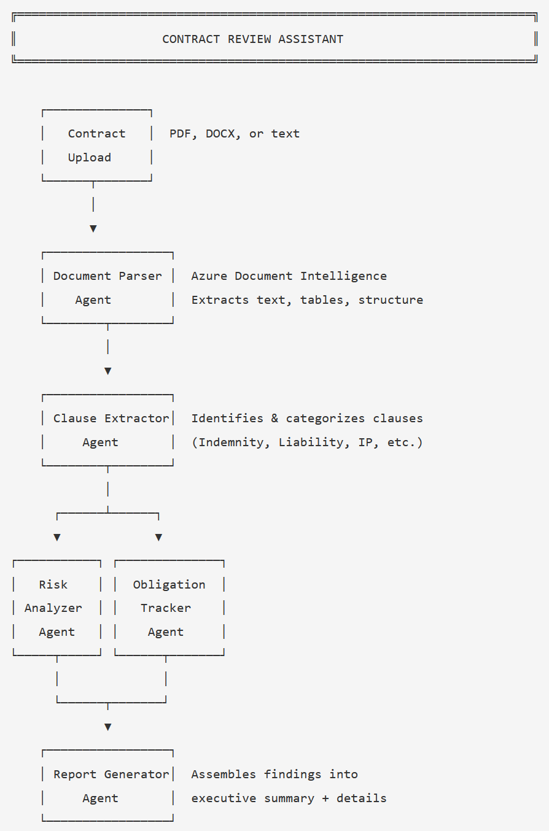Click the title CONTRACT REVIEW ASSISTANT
[252, 39]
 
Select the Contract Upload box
[96, 145]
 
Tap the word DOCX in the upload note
[220, 134]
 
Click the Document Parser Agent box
[107, 288]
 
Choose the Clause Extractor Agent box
[107, 430]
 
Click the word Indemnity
[231, 443]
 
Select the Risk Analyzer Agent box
[56, 608]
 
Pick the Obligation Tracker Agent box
[169, 608]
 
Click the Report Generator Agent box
[107, 786]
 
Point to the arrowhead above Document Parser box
[93, 229]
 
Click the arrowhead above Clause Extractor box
[108, 371]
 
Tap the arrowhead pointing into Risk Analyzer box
[57, 538]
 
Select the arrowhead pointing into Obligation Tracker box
[158, 538]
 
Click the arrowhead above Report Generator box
[108, 727]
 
